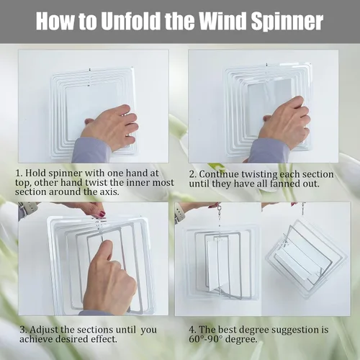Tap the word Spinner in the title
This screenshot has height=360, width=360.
(287, 22)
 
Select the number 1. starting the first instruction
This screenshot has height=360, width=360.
(19, 174)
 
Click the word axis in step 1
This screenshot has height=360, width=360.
(109, 192)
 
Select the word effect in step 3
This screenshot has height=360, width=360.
(104, 339)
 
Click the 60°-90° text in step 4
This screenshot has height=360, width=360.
(206, 339)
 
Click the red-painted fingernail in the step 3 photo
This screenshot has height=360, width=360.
(102, 214)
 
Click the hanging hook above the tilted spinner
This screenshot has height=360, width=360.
(304, 208)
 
